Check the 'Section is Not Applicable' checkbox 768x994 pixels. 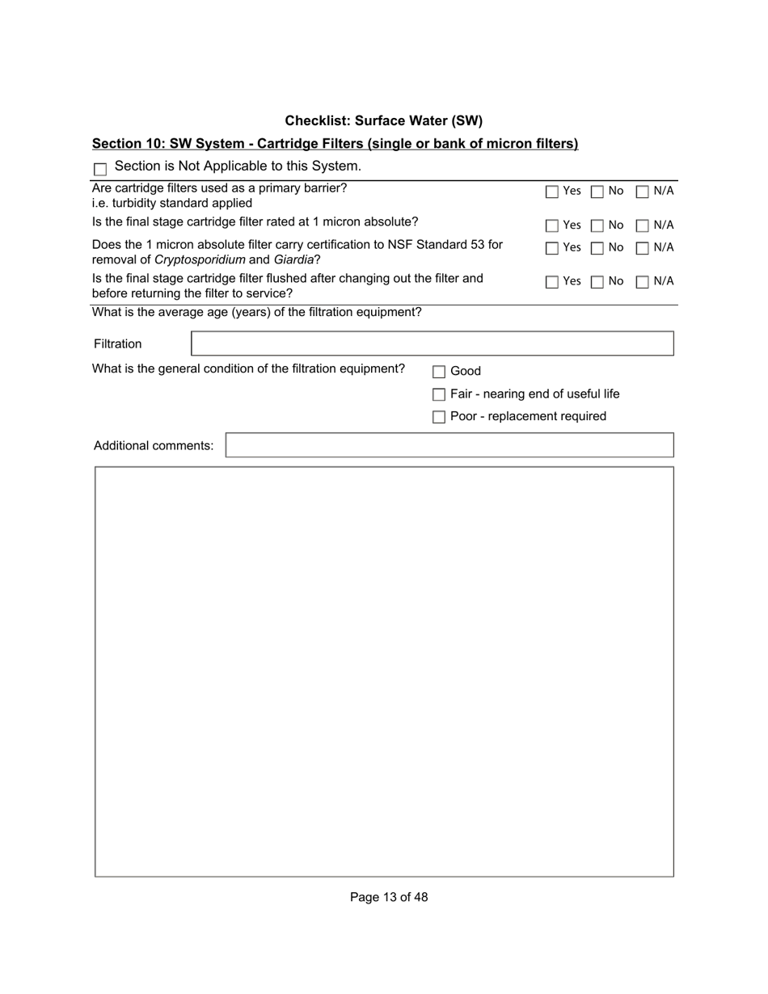click(100, 170)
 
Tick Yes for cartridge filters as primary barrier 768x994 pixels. click(552, 192)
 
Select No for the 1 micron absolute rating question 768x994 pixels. click(597, 226)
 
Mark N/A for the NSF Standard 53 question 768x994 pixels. click(643, 249)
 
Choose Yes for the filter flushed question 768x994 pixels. click(552, 283)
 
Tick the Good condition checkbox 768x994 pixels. click(439, 372)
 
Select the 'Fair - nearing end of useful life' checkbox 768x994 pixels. click(439, 394)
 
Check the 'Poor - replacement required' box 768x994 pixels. click(439, 417)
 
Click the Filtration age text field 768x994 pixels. click(432, 343)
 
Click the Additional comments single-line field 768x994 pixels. click(449, 445)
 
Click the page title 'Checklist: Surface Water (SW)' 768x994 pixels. click(383, 121)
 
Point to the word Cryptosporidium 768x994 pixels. click(200, 259)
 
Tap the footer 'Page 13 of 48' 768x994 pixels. click(389, 897)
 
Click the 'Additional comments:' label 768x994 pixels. click(154, 446)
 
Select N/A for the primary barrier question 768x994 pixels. click(643, 192)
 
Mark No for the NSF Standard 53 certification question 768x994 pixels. click(597, 249)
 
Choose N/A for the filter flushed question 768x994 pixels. click(643, 283)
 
